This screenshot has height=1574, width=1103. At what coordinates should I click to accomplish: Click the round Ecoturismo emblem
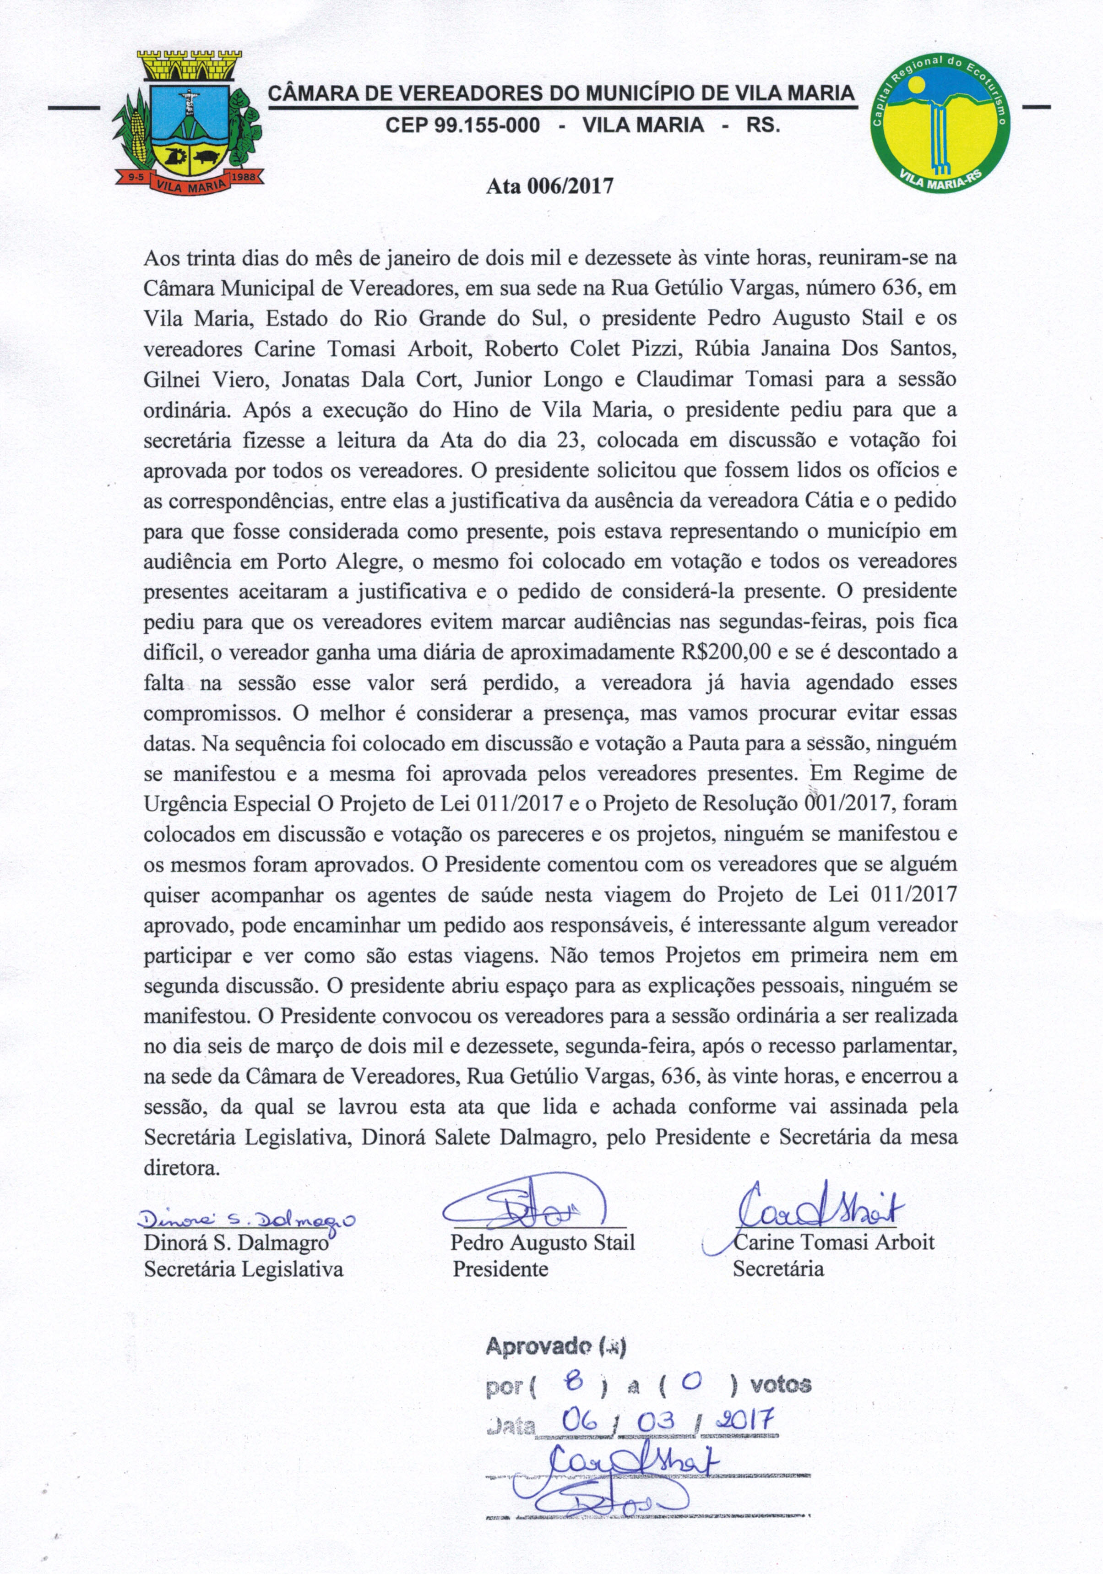coord(939,123)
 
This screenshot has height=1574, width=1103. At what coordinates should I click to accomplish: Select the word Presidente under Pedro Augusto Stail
coord(500,1269)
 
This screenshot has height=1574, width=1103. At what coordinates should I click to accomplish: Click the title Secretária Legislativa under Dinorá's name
coord(244,1269)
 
